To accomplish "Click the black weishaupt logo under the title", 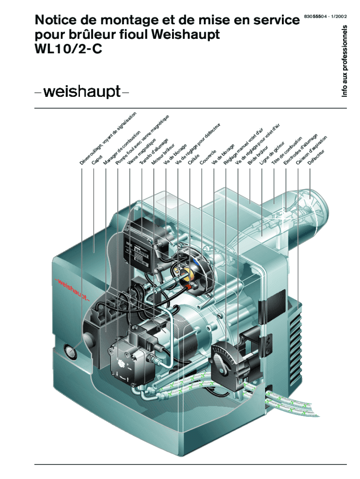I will click(x=82, y=91).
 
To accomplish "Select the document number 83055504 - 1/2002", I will click(x=325, y=16).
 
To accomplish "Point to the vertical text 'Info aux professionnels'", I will click(x=345, y=61).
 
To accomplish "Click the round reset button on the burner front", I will click(x=71, y=351).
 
